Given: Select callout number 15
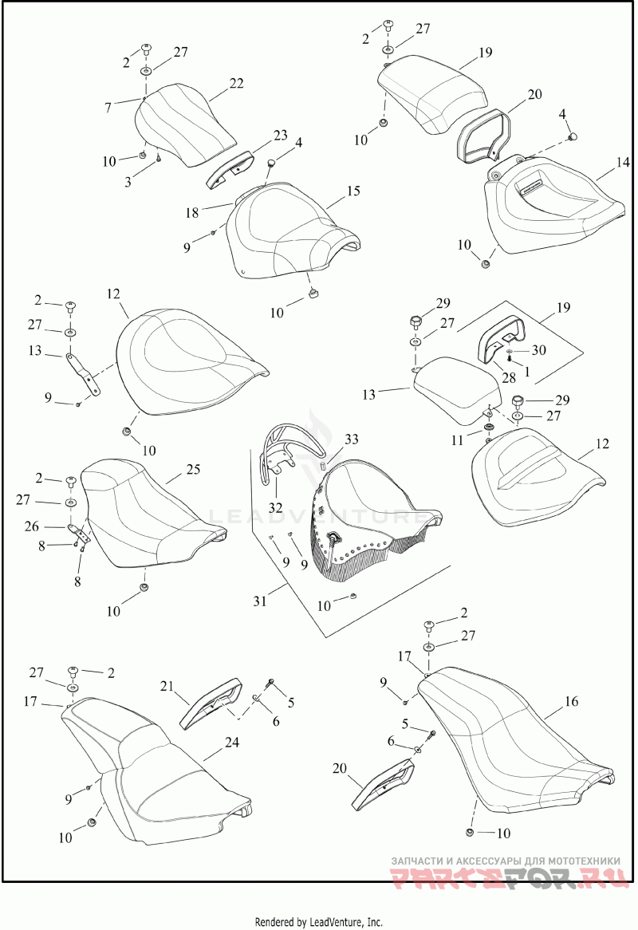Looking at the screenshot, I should (x=353, y=191).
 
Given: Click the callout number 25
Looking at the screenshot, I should (x=194, y=471).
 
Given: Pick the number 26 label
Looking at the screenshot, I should (x=54, y=526).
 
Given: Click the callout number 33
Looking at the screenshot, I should (x=352, y=439).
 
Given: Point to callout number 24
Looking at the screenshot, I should (x=231, y=741).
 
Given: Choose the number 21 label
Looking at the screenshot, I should (x=167, y=687).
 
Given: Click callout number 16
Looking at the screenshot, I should (x=571, y=702).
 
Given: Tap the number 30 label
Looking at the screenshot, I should (x=540, y=349).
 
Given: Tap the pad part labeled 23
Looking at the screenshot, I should (x=230, y=166).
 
